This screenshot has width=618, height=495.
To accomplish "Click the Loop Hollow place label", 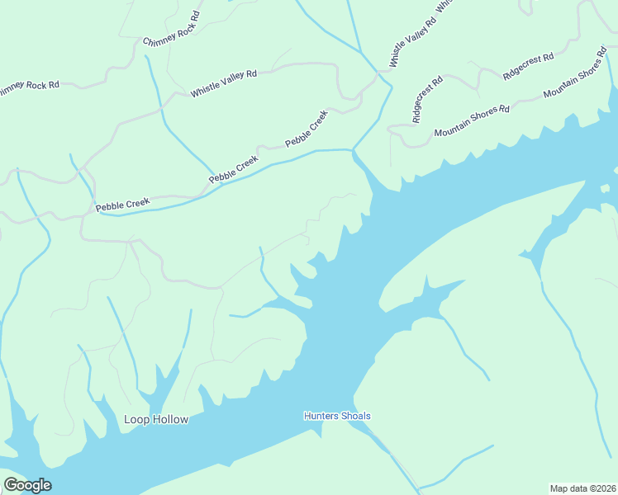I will point(156,419).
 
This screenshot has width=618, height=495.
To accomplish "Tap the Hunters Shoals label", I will point(337,416).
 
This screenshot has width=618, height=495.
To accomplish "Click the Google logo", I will point(27,485).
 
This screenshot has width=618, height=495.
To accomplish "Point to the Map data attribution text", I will point(583,488).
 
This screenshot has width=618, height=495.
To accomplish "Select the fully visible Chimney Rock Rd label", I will point(172,30).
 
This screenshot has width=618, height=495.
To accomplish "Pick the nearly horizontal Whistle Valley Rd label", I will point(224,84).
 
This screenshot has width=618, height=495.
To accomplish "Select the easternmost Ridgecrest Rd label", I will point(528,66).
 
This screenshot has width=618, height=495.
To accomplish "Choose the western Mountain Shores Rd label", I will point(472,120).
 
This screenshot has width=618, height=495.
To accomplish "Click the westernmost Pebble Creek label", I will point(122,203).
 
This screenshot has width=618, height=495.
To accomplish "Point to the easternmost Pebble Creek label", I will point(307,129).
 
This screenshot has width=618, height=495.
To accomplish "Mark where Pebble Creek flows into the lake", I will point(354,151).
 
